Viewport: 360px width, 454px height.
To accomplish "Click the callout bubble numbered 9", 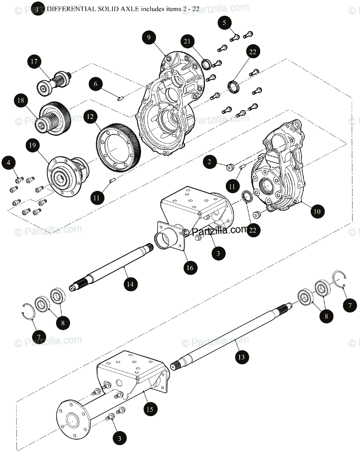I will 149,37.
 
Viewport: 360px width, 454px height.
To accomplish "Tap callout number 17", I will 34,62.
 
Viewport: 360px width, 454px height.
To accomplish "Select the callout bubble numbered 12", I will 90,117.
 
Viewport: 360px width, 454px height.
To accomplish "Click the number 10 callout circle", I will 317,211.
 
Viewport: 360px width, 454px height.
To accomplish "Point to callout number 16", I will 190,267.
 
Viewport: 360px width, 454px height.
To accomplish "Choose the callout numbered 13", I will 242,356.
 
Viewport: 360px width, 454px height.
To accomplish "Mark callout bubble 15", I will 150,409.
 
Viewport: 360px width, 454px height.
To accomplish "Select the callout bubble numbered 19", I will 33,146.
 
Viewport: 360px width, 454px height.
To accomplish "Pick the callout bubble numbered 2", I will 209,163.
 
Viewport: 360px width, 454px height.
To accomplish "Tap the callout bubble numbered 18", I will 21,101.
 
